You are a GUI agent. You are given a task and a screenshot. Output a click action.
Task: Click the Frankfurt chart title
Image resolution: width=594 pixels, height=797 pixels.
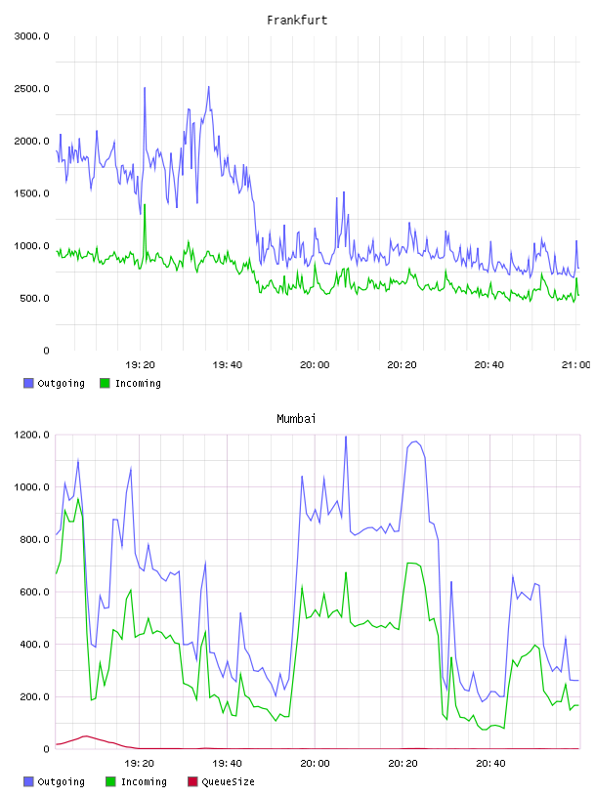[x=297, y=21]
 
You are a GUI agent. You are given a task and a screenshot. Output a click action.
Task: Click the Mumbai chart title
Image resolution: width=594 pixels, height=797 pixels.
[x=296, y=419]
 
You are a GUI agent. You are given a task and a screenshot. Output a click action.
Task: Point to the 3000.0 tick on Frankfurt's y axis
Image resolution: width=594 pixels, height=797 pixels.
[x=32, y=36]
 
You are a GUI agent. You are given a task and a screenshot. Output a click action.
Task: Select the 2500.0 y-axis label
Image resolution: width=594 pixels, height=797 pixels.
[x=32, y=89]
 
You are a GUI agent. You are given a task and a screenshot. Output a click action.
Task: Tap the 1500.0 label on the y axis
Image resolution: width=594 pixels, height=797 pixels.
[x=32, y=193]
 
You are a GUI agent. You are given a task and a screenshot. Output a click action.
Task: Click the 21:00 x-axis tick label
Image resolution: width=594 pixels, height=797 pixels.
[x=576, y=364]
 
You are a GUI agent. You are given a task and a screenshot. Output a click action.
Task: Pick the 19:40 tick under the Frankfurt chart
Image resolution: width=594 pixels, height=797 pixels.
[x=228, y=364]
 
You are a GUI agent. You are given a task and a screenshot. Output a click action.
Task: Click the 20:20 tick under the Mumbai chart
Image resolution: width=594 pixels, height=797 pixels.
[x=403, y=763]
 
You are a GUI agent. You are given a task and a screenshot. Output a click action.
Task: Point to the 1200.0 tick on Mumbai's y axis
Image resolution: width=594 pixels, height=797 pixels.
[x=32, y=435]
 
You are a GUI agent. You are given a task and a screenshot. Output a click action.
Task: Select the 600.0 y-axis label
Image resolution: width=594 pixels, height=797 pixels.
[x=34, y=592]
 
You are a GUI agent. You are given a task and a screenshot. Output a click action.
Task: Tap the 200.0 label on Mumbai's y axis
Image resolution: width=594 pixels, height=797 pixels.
[x=34, y=696]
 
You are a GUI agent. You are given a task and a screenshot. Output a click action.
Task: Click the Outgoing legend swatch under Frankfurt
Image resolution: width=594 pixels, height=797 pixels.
[x=28, y=383]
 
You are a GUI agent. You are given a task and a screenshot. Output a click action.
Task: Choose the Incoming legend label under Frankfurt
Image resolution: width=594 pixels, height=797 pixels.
[x=138, y=383]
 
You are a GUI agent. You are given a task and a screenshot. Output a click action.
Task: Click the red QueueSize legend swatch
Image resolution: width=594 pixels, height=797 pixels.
[x=192, y=781]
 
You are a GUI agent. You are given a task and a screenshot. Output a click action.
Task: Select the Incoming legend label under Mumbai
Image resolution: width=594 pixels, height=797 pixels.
[x=144, y=781]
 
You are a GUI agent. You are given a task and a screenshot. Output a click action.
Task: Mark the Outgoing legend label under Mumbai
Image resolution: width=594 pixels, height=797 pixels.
[x=61, y=781]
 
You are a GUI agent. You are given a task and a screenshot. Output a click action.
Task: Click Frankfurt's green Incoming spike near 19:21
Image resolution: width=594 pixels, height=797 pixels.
[x=145, y=205]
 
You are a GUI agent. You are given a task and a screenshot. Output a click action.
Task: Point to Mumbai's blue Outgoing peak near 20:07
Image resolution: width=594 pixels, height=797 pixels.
[x=346, y=438]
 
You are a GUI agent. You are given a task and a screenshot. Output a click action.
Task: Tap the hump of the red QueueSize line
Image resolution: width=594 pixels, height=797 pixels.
[x=85, y=736]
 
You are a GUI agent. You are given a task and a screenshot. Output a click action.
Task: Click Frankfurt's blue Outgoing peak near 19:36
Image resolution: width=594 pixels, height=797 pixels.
[x=208, y=87]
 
